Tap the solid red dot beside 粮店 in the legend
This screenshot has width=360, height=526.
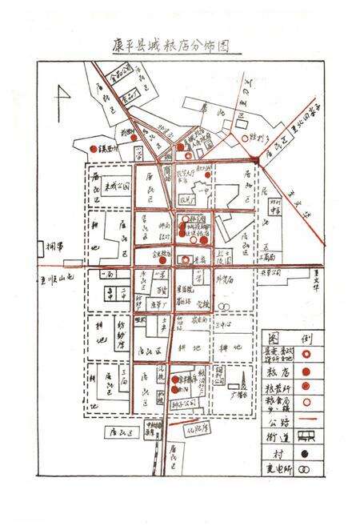[304, 371]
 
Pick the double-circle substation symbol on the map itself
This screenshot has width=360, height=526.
[227, 305]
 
